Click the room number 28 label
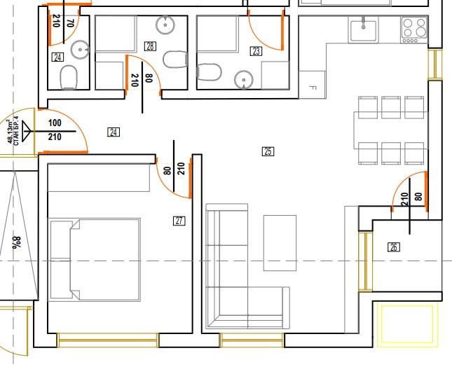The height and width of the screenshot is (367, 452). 150,46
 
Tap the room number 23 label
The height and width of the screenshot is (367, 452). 256,51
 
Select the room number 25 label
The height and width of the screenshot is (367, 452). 268,151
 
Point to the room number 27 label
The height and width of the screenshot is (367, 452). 179,221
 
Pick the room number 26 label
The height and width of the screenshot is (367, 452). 394,247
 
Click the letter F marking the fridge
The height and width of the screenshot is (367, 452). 312,88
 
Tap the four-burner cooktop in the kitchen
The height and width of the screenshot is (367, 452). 415,30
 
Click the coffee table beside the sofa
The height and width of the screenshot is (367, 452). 280,243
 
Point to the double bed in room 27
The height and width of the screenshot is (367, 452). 95,260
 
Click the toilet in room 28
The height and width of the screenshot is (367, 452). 176,60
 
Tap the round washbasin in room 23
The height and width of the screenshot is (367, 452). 244,80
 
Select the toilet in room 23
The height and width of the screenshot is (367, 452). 209,72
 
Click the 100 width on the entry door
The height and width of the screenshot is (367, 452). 55,123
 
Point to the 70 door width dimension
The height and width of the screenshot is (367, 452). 70,23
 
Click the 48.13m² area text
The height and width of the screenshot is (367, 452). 11,132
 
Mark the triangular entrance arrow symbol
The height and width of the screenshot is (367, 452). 26,132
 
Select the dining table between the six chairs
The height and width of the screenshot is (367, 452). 391,130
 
